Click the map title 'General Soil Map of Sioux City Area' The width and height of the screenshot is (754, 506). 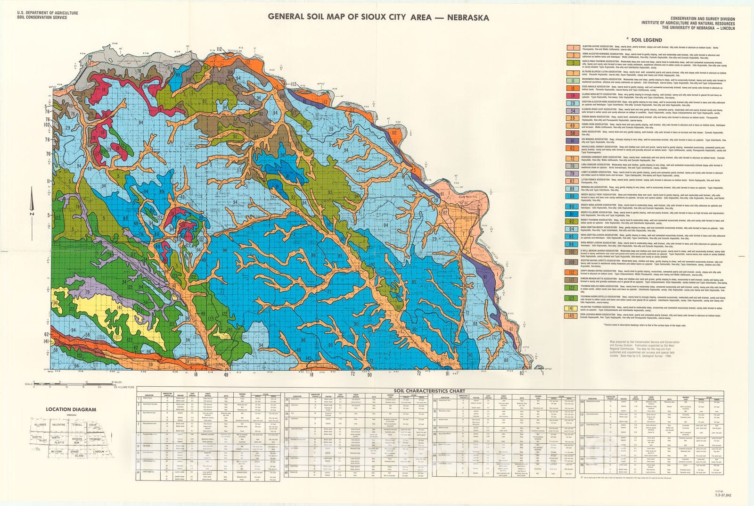tap(378, 17)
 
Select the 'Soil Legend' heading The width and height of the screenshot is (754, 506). tap(644, 41)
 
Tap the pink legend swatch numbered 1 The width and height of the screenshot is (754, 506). tap(573, 48)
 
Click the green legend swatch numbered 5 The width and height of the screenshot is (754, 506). tap(573, 63)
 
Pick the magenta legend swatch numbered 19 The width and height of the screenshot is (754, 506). tap(573, 96)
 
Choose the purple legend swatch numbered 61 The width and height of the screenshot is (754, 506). tap(573, 141)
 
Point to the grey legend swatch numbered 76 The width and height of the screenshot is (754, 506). tap(573, 166)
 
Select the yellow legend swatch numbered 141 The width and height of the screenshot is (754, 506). tap(573, 308)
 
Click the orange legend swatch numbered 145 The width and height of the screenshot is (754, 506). tap(573, 315)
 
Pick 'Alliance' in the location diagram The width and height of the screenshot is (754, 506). tap(41, 425)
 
